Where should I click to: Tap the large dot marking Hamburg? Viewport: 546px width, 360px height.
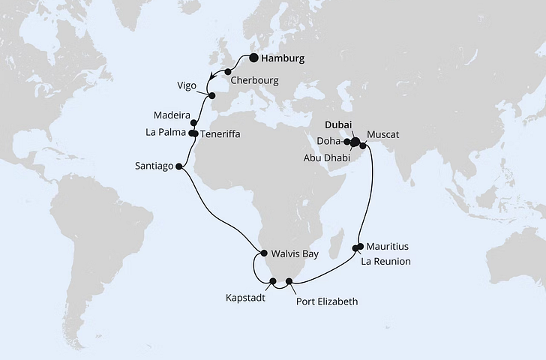[x=254, y=58]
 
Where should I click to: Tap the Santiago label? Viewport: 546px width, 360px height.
[x=154, y=166]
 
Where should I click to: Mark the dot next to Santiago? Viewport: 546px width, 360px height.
[x=178, y=166]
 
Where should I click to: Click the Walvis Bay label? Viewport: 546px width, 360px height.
[x=294, y=253]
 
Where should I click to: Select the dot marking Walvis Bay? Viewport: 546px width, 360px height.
[x=263, y=253]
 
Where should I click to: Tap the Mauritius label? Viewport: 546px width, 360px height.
[x=388, y=246]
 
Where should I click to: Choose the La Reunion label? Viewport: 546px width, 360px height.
[x=386, y=261]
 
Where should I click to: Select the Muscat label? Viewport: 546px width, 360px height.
[x=382, y=135]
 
